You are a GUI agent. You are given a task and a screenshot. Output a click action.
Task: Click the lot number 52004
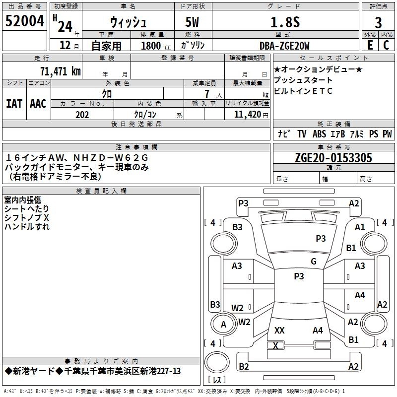pyautogui.click(x=24, y=21)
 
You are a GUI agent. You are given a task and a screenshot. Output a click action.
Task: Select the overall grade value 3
pyautogui.click(x=378, y=23)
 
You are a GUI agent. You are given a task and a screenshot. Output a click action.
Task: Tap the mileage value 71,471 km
pyautogui.click(x=60, y=71)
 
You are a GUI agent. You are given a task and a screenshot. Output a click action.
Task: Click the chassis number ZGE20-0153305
pyautogui.click(x=333, y=157)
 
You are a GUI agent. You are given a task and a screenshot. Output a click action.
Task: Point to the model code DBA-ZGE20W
pyautogui.click(x=284, y=46)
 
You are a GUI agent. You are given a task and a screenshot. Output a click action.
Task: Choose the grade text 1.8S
pyautogui.click(x=285, y=22)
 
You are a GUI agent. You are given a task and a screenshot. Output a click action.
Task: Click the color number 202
pyautogui.click(x=82, y=115)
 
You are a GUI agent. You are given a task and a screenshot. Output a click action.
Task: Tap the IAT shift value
pyautogui.click(x=14, y=104)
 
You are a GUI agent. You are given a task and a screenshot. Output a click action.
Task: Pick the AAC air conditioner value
pyautogui.click(x=38, y=104)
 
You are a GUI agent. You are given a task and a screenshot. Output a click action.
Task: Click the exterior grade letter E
pyautogui.click(x=370, y=45)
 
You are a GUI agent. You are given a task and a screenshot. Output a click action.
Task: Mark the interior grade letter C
pyautogui.click(x=386, y=45)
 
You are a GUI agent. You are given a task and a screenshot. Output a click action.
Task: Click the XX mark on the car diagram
pyautogui.click(x=279, y=330)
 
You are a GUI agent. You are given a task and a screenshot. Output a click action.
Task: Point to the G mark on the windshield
pyautogui.click(x=314, y=261)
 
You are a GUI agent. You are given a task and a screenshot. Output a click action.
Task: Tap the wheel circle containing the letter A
pyautogui.click(x=223, y=324)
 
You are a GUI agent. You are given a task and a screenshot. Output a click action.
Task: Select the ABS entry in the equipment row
pyautogui.click(x=319, y=134)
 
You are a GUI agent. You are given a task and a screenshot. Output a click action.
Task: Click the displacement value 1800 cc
pyautogui.click(x=156, y=46)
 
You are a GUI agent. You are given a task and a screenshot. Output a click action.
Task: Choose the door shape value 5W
pyautogui.click(x=192, y=22)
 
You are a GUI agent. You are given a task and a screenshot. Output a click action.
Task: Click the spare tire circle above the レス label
pyautogui.click(x=217, y=362)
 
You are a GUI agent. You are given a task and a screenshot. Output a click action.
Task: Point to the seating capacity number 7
pyautogui.click(x=207, y=94)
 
